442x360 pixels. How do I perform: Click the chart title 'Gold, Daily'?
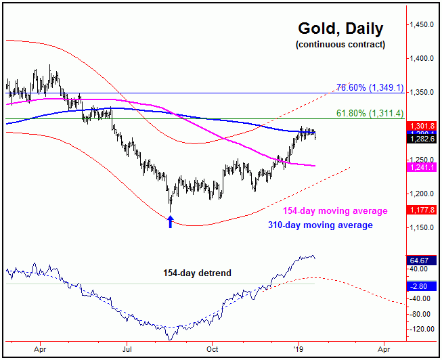(x=340, y=29)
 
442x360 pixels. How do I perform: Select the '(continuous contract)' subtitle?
(x=340, y=45)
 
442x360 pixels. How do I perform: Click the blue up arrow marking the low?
(x=171, y=221)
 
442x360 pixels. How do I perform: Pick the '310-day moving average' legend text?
(x=328, y=225)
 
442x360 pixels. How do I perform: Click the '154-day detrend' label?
(x=197, y=273)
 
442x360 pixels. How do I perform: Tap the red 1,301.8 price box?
(x=422, y=126)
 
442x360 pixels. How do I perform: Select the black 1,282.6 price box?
(x=422, y=139)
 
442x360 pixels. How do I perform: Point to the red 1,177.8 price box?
(x=422, y=210)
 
